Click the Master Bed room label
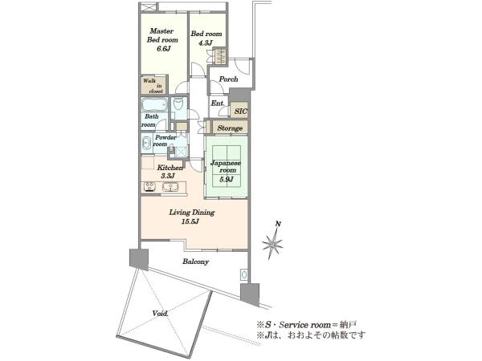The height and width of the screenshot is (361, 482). pos(162,35)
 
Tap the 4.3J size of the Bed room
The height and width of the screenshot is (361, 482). pos(206,43)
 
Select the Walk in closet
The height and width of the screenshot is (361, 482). pos(153,85)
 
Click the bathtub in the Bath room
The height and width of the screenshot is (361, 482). pos(154,104)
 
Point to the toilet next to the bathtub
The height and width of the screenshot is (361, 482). pos(178,103)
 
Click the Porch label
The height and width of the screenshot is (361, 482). pos(228,79)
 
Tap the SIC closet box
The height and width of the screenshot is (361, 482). pos(239,111)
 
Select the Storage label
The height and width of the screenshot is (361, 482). pos(230,128)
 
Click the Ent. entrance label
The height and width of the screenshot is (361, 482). pos(218,103)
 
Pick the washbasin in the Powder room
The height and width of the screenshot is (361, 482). pos(145,144)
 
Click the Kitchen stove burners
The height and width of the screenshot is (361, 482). pos(149,187)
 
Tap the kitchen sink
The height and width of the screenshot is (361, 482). pos(169,187)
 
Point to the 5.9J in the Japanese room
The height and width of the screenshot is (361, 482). pos(227,179)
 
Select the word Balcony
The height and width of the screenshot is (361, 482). pos(195,262)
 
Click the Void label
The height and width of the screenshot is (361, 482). pos(160,314)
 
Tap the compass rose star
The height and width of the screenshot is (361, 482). pos(272,244)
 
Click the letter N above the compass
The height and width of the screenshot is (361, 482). pos(278,224)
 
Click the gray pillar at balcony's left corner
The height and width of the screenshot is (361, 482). pos(139,259)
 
